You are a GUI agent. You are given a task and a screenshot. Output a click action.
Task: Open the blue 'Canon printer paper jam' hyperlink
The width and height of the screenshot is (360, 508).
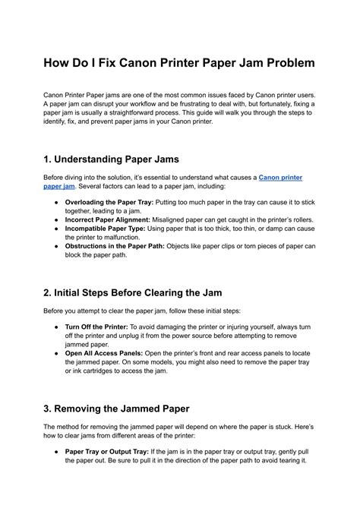(281, 177)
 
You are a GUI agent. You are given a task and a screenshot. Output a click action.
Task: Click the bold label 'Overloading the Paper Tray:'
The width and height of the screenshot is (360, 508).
(108, 203)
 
